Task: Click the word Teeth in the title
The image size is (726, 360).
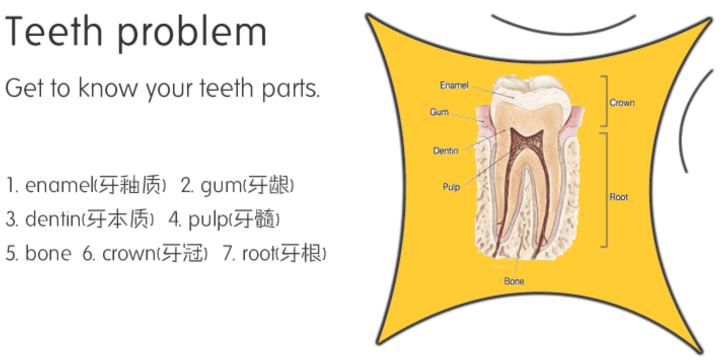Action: pyautogui.click(x=55, y=31)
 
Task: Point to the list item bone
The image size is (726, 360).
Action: pyautogui.click(x=47, y=253)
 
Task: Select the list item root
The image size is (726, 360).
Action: pyautogui.click(x=261, y=253)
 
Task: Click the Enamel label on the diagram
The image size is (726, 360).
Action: pyautogui.click(x=454, y=85)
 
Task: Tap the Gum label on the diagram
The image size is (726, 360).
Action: pyautogui.click(x=439, y=112)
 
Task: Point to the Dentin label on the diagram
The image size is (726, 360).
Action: pyautogui.click(x=445, y=150)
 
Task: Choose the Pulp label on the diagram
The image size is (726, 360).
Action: pyautogui.click(x=451, y=187)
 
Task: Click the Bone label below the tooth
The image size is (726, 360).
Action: pyautogui.click(x=514, y=281)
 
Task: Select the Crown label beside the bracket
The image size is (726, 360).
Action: pyautogui.click(x=622, y=102)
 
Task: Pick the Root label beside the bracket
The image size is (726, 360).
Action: pyautogui.click(x=618, y=197)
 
